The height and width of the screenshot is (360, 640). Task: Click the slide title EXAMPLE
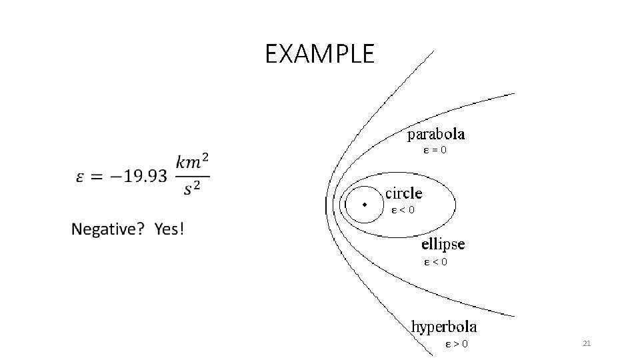pos(320,54)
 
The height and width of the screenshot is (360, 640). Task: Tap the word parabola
pos(437,135)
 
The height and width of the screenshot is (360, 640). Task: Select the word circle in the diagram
pos(404,193)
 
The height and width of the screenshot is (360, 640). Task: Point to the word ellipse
pos(443,244)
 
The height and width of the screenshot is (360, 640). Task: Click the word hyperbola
pos(444,327)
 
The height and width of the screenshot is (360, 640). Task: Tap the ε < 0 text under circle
pos(403,210)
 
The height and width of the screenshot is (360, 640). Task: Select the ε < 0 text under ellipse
pos(436,262)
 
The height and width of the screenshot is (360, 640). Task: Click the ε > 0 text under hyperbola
pos(456,344)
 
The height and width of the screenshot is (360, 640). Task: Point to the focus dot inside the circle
pos(364,204)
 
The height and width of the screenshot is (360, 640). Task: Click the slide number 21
pos(587,343)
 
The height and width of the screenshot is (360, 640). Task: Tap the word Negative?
pos(108,230)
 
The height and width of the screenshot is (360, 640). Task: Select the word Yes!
pos(169,230)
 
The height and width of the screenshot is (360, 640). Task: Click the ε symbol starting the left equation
pos(80,178)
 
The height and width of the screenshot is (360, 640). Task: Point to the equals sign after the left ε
pos(97,178)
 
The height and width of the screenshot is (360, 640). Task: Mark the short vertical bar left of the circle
pos(325,206)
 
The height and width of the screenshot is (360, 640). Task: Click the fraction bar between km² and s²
pos(193,177)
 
